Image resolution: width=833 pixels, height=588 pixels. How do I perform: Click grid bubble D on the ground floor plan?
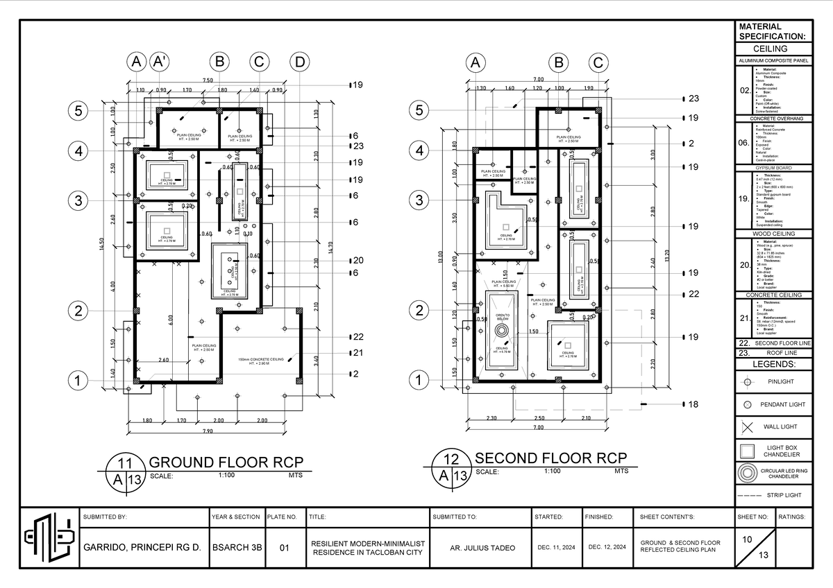299,62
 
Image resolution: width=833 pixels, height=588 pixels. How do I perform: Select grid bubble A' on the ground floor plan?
160,62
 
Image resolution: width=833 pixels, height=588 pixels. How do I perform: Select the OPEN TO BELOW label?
503,318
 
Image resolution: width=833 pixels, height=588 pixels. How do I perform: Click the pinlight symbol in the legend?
747,381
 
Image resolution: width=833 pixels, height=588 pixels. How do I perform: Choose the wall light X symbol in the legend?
747,427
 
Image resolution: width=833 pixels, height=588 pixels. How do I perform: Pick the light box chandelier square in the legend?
747,451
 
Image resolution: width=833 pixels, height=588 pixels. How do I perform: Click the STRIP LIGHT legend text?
784,496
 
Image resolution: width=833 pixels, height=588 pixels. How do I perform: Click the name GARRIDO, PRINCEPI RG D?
142,547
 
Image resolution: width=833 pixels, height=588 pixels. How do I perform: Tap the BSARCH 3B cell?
237,547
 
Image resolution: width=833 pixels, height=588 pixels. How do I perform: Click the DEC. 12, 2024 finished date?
607,547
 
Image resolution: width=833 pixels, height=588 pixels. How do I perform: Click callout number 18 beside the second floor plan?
692,404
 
